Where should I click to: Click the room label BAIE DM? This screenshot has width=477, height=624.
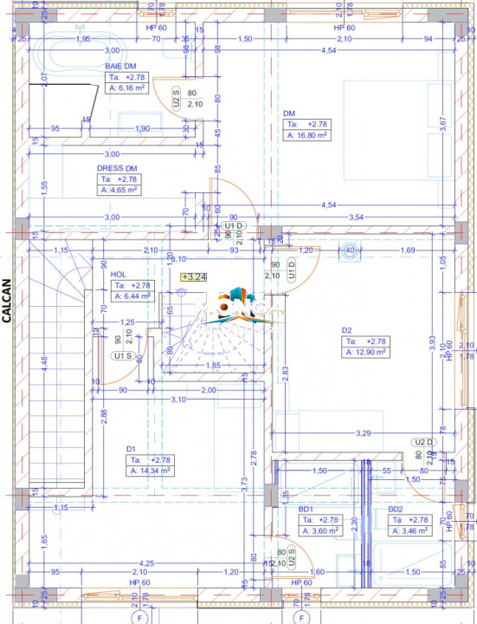click(120, 66)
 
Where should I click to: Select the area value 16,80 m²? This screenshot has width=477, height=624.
click(306, 135)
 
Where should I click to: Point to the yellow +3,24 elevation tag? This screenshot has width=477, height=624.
click(194, 277)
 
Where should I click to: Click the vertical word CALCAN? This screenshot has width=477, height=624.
click(7, 300)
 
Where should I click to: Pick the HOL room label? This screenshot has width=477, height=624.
click(119, 274)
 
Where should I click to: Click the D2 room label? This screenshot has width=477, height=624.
click(346, 330)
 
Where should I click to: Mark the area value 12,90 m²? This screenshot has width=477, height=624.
click(364, 353)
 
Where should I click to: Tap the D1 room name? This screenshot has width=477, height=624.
click(132, 449)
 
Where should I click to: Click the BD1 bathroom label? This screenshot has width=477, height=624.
click(306, 509)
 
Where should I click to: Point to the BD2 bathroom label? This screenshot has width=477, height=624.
click(396, 509)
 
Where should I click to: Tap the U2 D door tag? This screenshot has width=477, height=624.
click(422, 441)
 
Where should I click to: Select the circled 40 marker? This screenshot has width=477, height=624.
click(350, 251)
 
